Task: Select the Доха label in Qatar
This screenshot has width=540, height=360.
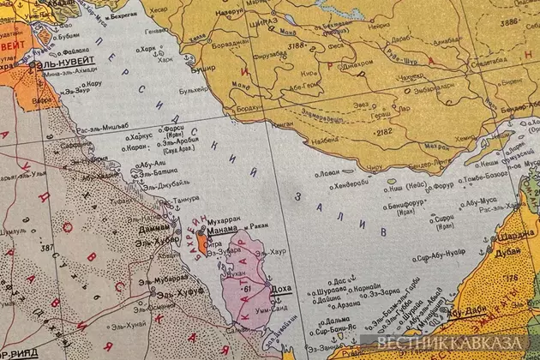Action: click(x=280, y=291)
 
